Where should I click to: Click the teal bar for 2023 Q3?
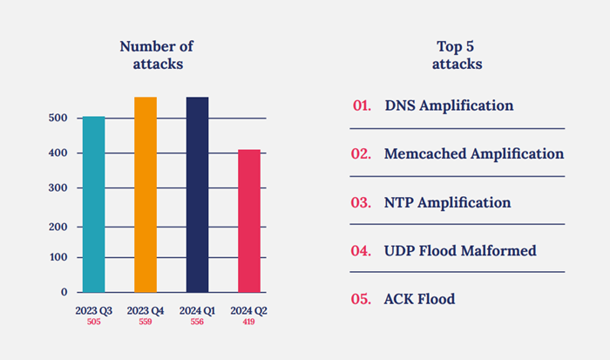pyautogui.click(x=93, y=204)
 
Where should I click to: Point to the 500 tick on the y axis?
pyautogui.click(x=58, y=118)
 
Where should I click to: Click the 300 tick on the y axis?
pyautogui.click(x=58, y=187)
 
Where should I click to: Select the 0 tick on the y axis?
pyautogui.click(x=64, y=291)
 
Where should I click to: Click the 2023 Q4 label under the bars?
pyautogui.click(x=146, y=310)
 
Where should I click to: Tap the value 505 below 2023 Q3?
pyautogui.click(x=93, y=322)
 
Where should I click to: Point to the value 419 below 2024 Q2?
pyautogui.click(x=249, y=322)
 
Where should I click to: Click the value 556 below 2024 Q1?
pyautogui.click(x=197, y=322)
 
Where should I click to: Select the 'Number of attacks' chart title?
pyautogui.click(x=157, y=55)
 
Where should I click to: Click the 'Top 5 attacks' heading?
pyautogui.click(x=458, y=55)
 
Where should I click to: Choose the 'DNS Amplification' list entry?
pyautogui.click(x=449, y=105)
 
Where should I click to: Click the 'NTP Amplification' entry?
pyautogui.click(x=447, y=202)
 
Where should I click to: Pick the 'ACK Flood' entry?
pyautogui.click(x=419, y=299)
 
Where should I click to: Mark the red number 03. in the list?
pyautogui.click(x=362, y=202)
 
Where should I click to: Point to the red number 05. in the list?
pyautogui.click(x=362, y=299)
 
